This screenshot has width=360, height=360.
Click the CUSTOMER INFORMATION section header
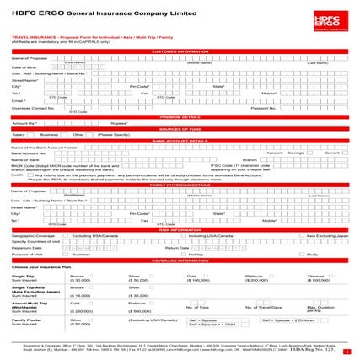tap(180, 51)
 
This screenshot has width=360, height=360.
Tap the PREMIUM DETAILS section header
tap(180, 116)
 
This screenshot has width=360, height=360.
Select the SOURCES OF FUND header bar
tap(180, 127)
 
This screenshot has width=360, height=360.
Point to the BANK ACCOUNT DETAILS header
tap(180, 140)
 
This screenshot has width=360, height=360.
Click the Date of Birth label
tap(24, 67)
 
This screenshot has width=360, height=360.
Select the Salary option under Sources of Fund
tap(19, 134)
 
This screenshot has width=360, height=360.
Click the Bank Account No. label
tap(28, 153)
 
